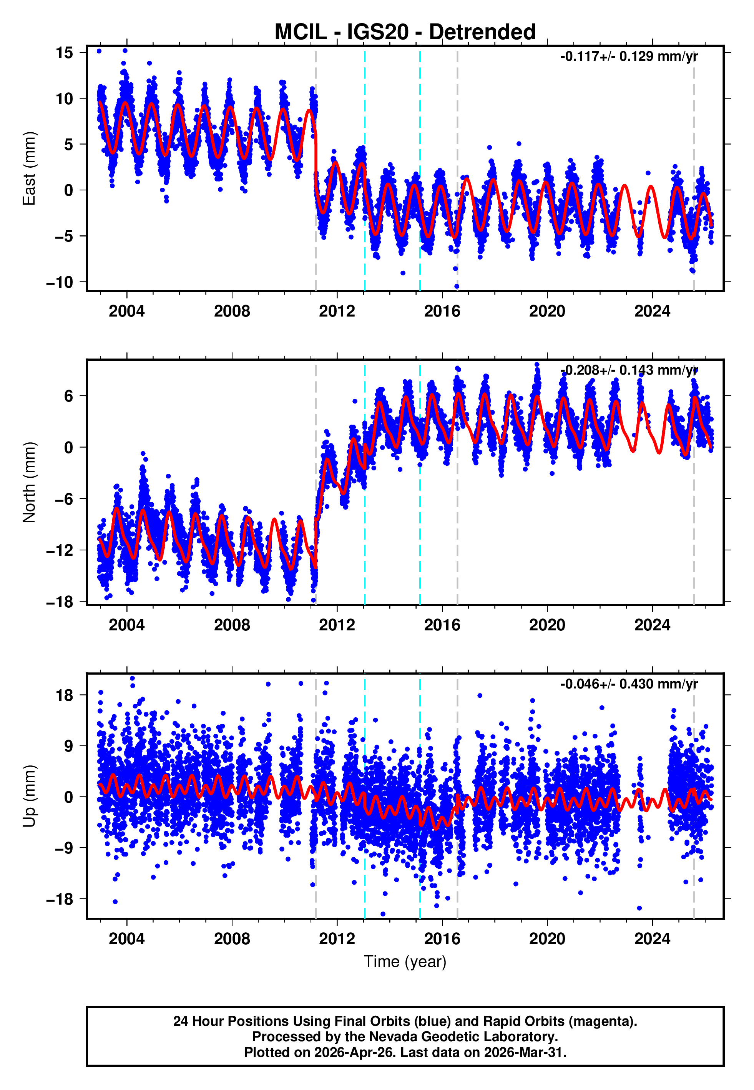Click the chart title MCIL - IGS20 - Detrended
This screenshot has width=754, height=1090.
pyautogui.click(x=405, y=32)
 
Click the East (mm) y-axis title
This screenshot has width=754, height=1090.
pyautogui.click(x=29, y=168)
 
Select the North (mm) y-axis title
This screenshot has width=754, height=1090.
pyautogui.click(x=29, y=482)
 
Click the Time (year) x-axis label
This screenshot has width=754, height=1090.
pyautogui.click(x=405, y=962)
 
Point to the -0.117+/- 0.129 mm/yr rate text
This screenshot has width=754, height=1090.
pyautogui.click(x=629, y=57)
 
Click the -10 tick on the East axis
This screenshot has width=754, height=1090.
pyautogui.click(x=60, y=282)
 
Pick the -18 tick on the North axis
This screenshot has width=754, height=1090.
pyautogui.click(x=60, y=602)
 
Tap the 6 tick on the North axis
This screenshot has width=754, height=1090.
pyautogui.click(x=69, y=396)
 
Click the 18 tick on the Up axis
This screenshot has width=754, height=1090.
pyautogui.click(x=64, y=695)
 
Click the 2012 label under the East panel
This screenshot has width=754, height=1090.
pyautogui.click(x=337, y=311)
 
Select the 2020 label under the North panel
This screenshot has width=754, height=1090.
pyautogui.click(x=547, y=625)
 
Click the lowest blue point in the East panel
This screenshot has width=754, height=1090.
pyautogui.click(x=457, y=287)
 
